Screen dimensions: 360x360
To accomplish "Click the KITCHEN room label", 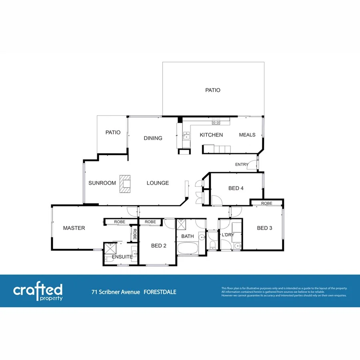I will pos(211,135).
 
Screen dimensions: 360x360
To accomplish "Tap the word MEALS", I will pos(247,135).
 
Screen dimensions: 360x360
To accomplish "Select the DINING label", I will pos(153,138).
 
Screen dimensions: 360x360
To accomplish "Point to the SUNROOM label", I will pos(102,183).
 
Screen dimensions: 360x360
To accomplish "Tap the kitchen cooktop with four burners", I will pos(216,120).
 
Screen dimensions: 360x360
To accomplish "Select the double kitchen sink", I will pos(186,136).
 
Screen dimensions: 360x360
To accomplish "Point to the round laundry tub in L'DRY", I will pos(238,246).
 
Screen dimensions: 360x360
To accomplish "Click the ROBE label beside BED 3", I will pos(267,204).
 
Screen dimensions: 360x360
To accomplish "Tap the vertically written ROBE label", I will pos(135,234).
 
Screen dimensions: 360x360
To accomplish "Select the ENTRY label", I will pos(242,164).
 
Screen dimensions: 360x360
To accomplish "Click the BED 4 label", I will pos(236,188).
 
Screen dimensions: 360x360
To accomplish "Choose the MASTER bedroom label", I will pos(74,228).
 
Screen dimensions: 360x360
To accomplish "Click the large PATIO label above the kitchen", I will pos(213,90).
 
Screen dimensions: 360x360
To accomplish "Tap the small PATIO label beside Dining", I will pos(113,132).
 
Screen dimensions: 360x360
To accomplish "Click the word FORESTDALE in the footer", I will pos(160,292).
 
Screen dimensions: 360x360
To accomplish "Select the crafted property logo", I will pos(38,292).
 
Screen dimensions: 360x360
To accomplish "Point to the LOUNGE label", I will pos(158,183).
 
